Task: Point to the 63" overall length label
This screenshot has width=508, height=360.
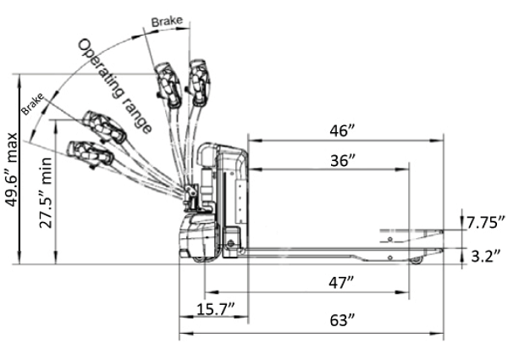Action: click(340, 320)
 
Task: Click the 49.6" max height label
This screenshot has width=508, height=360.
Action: click(12, 180)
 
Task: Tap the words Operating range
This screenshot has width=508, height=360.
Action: click(115, 86)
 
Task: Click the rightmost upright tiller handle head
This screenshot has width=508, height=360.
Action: click(201, 81)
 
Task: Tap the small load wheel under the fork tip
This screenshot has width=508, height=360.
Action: click(416, 260)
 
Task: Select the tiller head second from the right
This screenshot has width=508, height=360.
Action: click(168, 85)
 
